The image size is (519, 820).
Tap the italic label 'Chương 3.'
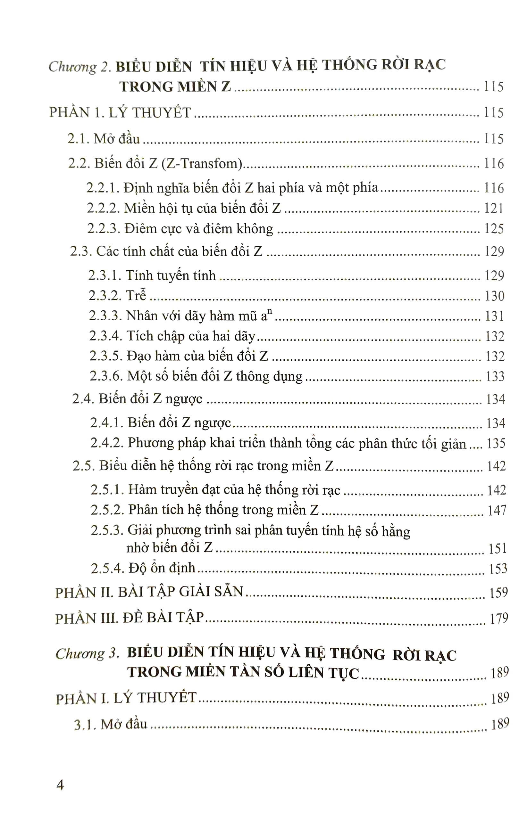pyautogui.click(x=87, y=653)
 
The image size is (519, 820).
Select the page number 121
pyautogui.click(x=493, y=209)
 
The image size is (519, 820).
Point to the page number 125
pyautogui.click(x=494, y=228)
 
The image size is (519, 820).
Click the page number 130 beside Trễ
pyautogui.click(x=494, y=296)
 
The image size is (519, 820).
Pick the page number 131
pyautogui.click(x=494, y=316)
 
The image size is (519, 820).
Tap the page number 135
pyautogui.click(x=496, y=443)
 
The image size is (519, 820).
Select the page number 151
pyautogui.click(x=498, y=549)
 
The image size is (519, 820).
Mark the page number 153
pyautogui.click(x=498, y=569)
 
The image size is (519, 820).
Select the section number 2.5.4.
pyautogui.click(x=107, y=569)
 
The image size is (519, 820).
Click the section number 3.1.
pyautogui.click(x=85, y=725)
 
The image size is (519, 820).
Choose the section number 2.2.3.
pyautogui.click(x=103, y=228)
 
